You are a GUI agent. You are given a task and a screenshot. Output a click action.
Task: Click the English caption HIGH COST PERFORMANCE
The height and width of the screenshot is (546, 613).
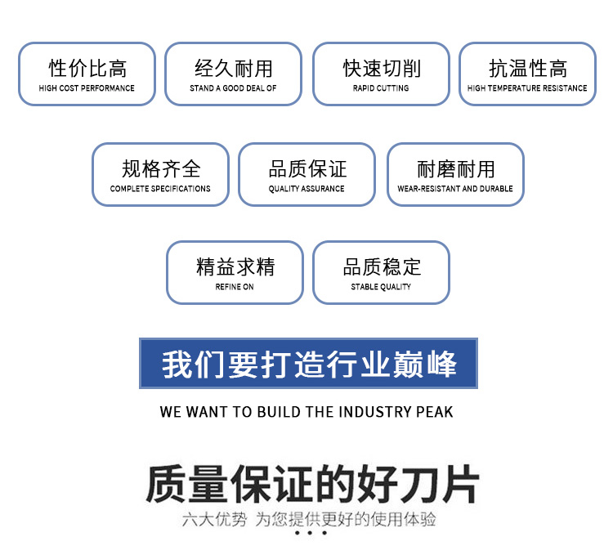pos(87,88)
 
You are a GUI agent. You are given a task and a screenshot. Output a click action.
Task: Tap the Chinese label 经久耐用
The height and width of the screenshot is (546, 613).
pos(233,69)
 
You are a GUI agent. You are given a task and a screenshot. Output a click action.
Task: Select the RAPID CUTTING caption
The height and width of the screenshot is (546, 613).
pos(381,88)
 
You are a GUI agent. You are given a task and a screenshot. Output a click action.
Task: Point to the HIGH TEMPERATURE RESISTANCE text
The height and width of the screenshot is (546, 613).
pos(527,88)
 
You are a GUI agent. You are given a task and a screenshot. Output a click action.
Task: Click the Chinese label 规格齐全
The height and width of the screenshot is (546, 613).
pos(160,169)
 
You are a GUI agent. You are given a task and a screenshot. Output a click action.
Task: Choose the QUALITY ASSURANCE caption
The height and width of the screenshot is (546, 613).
pos(306,189)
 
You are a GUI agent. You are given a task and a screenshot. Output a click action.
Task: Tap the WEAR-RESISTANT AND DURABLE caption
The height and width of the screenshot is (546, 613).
pos(455,189)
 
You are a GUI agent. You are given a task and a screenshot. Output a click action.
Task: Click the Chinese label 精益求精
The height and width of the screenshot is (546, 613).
pos(235,267)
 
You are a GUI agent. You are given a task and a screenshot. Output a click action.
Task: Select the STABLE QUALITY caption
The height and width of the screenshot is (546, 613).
pos(381,287)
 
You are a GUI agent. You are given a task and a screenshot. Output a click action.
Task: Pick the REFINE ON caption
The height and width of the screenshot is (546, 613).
pos(235,287)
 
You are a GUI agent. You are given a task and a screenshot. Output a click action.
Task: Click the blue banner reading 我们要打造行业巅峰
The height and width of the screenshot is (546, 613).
pos(308,364)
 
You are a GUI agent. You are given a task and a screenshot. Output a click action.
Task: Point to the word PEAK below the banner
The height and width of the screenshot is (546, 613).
pos(434,411)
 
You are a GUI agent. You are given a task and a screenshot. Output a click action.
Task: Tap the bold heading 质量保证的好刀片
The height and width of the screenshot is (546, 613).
pos(311,484)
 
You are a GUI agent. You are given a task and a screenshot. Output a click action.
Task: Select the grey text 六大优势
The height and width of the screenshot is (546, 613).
pos(213,520)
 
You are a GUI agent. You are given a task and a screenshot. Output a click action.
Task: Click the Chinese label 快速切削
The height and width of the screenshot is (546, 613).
pos(381,69)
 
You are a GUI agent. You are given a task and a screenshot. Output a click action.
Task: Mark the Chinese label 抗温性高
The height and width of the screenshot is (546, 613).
pos(527,69)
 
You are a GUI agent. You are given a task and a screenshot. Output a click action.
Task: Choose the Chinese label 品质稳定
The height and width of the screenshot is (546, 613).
pos(381,267)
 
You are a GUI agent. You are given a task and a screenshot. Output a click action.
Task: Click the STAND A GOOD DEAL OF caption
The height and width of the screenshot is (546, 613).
pos(233,88)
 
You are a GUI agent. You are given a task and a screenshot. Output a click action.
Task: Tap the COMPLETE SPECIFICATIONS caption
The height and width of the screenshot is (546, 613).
pos(160,189)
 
